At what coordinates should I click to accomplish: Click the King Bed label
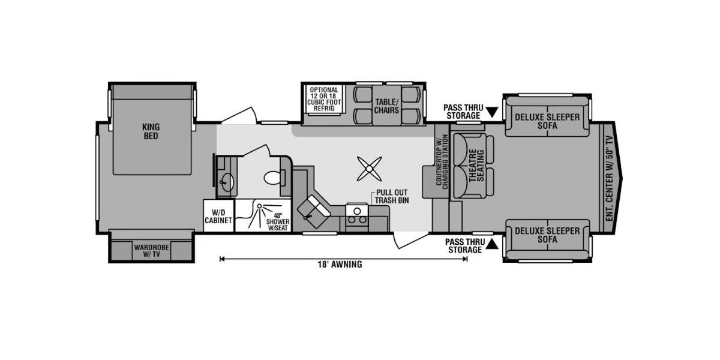[x=151, y=131]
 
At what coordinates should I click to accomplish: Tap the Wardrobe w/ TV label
[x=151, y=251]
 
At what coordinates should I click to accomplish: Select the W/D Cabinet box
[x=218, y=215]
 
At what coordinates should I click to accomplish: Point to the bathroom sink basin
[x=226, y=182]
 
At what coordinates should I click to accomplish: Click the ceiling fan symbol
[x=370, y=169]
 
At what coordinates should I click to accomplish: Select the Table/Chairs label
[x=386, y=106]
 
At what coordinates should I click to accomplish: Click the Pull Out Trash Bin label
[x=392, y=196]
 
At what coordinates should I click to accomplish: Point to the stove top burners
[x=357, y=215]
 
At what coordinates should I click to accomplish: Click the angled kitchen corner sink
[x=314, y=211]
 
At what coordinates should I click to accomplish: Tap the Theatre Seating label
[x=477, y=166]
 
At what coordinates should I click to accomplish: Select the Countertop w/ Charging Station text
[x=442, y=161]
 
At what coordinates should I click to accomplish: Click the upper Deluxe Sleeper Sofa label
[x=547, y=121]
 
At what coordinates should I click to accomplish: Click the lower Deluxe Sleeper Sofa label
[x=547, y=235]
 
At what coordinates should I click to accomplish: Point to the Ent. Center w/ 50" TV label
[x=609, y=178]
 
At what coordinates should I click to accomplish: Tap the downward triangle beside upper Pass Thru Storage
[x=492, y=112]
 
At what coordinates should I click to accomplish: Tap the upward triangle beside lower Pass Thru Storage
[x=492, y=245]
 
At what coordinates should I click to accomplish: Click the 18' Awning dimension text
[x=340, y=264]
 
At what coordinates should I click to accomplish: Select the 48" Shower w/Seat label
[x=278, y=222]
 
